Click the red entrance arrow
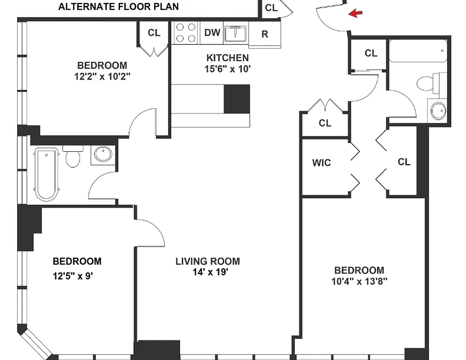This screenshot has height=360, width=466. [x=356, y=14]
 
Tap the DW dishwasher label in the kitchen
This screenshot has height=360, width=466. [x=212, y=33]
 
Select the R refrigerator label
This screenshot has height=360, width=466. [x=265, y=34]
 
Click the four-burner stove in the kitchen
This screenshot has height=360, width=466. [x=186, y=33]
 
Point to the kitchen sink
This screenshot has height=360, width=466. [x=235, y=33]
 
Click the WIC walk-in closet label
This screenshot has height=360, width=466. [x=321, y=162]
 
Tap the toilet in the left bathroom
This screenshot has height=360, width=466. [x=72, y=157]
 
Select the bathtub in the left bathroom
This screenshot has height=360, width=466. [x=46, y=174]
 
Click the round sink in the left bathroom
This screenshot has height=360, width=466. [x=103, y=154]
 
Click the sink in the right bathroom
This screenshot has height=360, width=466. [x=438, y=110]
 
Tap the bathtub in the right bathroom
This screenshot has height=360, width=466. [x=418, y=50]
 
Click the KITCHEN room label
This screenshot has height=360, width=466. [x=227, y=58]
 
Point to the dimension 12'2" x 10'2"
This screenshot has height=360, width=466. [x=102, y=76]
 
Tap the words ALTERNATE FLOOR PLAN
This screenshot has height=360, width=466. [x=118, y=7]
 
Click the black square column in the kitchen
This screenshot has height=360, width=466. [x=236, y=99]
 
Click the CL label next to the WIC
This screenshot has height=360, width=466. [x=404, y=162]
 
